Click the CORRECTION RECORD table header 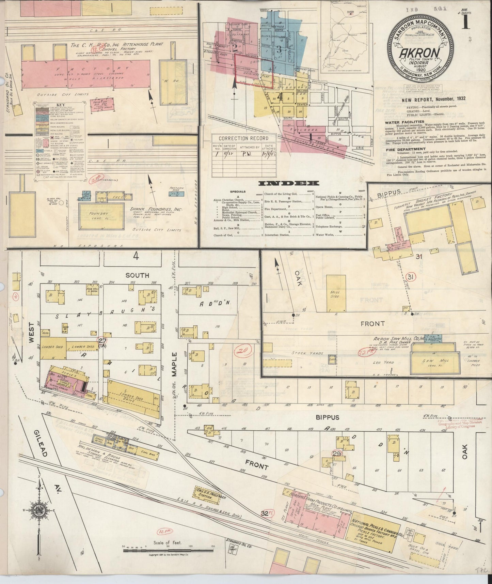tap(243, 138)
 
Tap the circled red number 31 tap(410, 277)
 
